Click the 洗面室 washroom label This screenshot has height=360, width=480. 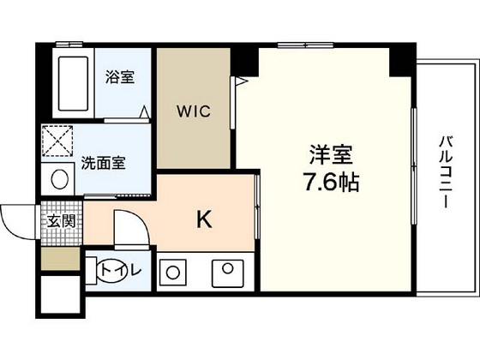pos(103,163)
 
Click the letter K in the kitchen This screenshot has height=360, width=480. pos(204,219)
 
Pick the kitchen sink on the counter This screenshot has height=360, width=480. pos(228,273)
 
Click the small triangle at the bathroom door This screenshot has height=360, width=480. pos(144,111)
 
